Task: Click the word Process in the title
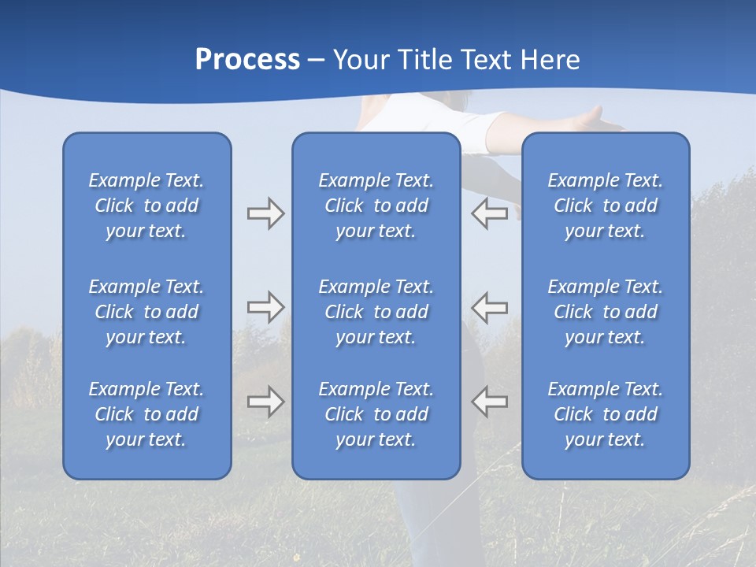[247, 60]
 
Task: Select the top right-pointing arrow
[265, 213]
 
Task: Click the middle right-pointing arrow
[265, 307]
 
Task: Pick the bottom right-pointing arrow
[265, 402]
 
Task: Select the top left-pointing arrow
[489, 213]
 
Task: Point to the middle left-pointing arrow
[489, 307]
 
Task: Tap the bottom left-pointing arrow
[489, 402]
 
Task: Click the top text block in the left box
[146, 206]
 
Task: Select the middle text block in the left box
[146, 312]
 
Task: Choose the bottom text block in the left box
[146, 414]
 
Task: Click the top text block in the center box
[376, 206]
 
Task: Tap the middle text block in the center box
[376, 312]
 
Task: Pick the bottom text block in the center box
[376, 414]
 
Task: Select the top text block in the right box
[605, 206]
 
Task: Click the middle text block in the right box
[605, 312]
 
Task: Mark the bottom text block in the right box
[605, 414]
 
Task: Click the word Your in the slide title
[359, 60]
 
